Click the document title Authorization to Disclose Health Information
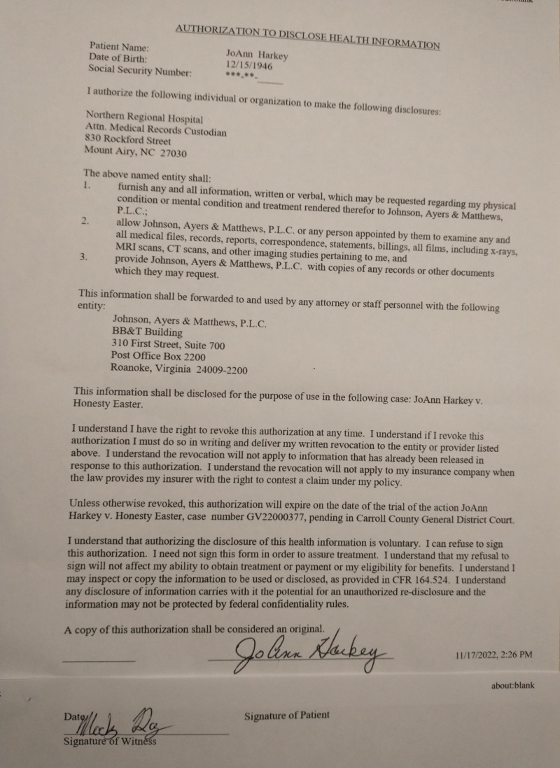click(307, 36)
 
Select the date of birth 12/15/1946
click(244, 64)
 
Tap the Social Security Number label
click(139, 70)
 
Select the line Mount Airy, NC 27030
click(135, 151)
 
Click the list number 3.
click(83, 257)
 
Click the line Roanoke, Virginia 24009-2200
click(179, 369)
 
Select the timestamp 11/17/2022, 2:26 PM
click(493, 655)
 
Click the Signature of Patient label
click(286, 716)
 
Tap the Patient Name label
click(119, 46)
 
